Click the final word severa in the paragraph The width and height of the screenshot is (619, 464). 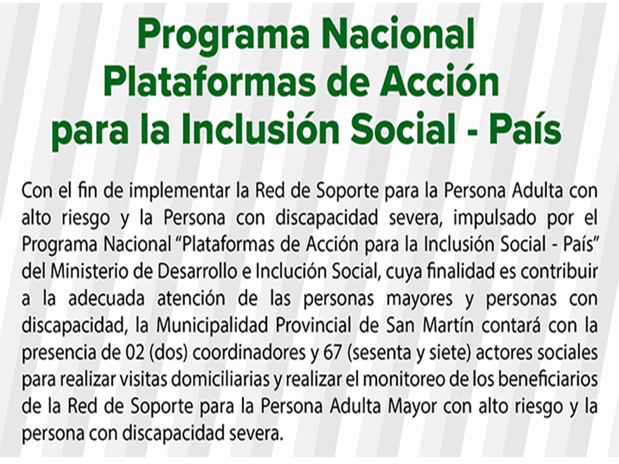tap(256, 435)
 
